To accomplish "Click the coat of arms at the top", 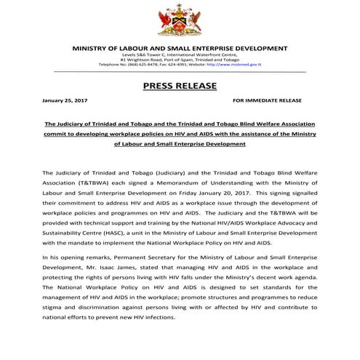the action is coord(180,20).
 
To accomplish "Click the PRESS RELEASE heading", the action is coord(180,86).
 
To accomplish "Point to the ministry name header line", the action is coord(180,48).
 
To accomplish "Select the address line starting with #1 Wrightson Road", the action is coord(180,59).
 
